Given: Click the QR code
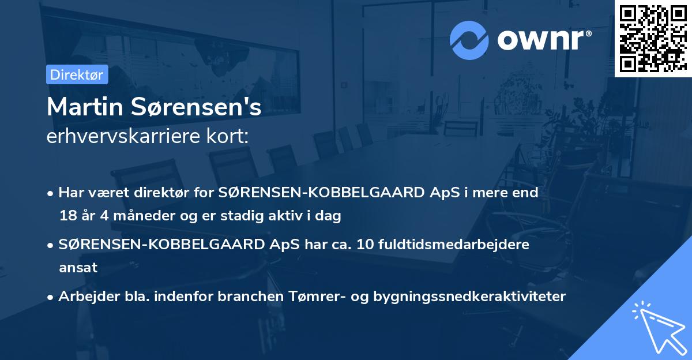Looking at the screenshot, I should pyautogui.click(x=653, y=38).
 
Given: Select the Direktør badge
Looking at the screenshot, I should pyautogui.click(x=77, y=74).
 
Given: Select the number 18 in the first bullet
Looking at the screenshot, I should pyautogui.click(x=66, y=216).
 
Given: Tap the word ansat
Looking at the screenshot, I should pyautogui.click(x=78, y=268).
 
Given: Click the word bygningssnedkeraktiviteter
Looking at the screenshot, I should pyautogui.click(x=470, y=297).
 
